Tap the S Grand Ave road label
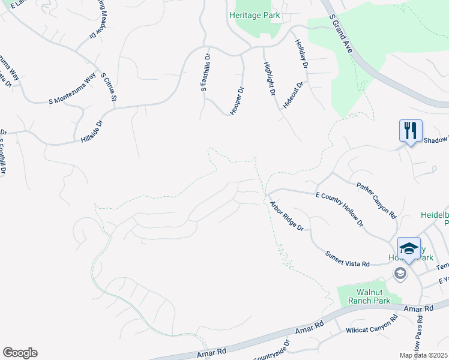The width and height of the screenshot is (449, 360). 341,35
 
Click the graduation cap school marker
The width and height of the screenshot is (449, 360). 409,248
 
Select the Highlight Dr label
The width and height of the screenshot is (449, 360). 270,79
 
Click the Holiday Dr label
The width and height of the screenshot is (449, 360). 301,53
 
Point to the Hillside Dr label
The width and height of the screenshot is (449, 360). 92,131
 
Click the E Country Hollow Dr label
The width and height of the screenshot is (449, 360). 340,208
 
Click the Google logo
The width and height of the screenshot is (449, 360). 20,353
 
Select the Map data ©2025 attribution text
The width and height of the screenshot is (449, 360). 423,355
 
